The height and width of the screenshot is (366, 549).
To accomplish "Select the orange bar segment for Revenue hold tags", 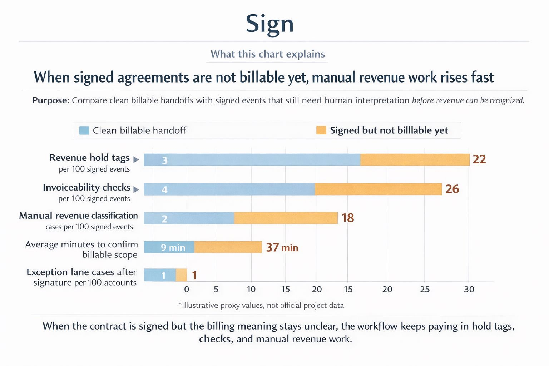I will pyautogui.click(x=415, y=160).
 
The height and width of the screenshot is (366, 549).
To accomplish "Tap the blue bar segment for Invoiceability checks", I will pyautogui.click(x=229, y=189).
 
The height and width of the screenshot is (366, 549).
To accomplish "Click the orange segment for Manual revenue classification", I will pyautogui.click(x=286, y=218).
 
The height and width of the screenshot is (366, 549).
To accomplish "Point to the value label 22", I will pyautogui.click(x=479, y=159).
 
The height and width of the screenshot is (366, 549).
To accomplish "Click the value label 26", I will pyautogui.click(x=452, y=189).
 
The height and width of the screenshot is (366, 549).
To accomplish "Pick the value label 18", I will pyautogui.click(x=347, y=218).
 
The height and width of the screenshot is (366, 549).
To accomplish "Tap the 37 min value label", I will pyautogui.click(x=282, y=247).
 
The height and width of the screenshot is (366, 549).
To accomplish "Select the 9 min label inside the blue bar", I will pyautogui.click(x=173, y=247).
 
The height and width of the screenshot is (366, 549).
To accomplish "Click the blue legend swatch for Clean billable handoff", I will pyautogui.click(x=84, y=130).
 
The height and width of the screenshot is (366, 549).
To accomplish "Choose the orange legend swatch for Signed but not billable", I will pyautogui.click(x=321, y=130).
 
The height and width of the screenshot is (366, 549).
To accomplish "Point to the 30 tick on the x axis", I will pyautogui.click(x=469, y=289).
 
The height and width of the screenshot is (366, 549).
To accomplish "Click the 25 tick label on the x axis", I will pyautogui.click(x=425, y=289).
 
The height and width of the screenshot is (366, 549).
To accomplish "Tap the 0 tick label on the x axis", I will pyautogui.click(x=187, y=289).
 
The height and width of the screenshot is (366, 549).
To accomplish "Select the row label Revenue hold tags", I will pyautogui.click(x=89, y=158).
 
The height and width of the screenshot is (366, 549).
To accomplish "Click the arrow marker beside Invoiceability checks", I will pyautogui.click(x=136, y=189).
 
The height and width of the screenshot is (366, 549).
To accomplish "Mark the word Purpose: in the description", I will pyautogui.click(x=51, y=100).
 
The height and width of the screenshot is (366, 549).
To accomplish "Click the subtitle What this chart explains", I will pyautogui.click(x=267, y=54).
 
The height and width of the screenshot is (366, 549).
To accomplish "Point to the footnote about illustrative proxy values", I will pyautogui.click(x=261, y=305).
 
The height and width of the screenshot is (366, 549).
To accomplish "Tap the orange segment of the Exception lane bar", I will pyautogui.click(x=181, y=275).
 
